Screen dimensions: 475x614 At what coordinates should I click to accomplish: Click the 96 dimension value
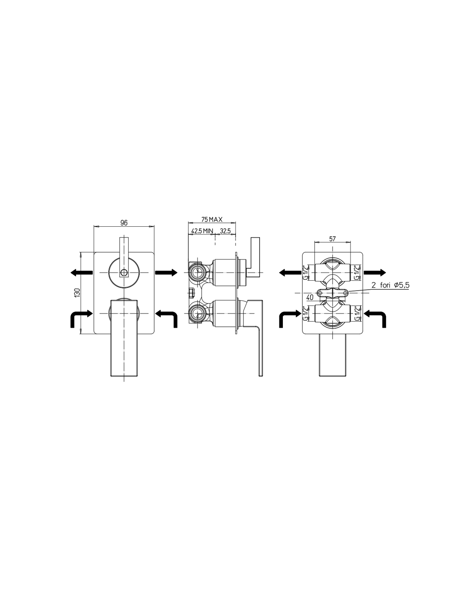124,223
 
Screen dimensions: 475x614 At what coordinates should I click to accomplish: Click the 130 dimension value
78,292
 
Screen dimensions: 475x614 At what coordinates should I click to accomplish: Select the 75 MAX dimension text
212,219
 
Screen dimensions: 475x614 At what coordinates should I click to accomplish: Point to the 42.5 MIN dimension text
202,231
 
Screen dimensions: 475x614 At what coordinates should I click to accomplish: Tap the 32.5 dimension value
225,231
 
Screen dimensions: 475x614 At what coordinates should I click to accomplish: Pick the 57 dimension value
332,239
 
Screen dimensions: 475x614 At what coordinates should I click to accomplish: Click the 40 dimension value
310,297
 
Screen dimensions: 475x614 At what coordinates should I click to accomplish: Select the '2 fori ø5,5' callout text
390,285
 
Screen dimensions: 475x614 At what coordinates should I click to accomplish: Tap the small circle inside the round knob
124,272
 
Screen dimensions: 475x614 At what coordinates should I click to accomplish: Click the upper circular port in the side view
197,272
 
